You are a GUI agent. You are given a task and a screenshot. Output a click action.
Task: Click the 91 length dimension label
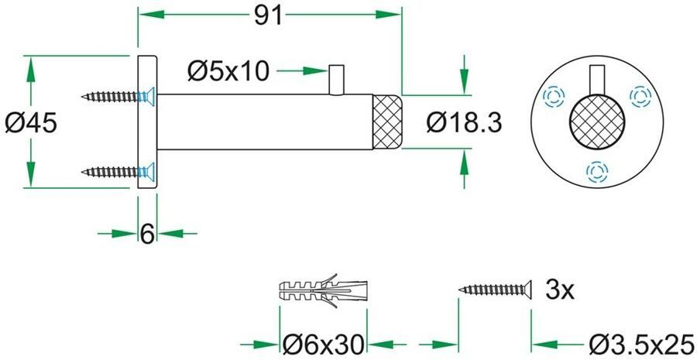point(268,17)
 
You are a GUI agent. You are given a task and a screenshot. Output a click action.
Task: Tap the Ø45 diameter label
point(31,123)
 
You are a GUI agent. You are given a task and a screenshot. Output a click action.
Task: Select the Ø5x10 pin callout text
point(228,71)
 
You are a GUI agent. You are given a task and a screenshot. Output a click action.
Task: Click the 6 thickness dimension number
point(147,234)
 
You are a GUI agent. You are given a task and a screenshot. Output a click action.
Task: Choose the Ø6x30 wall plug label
point(324,344)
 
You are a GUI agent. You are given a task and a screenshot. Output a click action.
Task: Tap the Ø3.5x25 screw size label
point(640,344)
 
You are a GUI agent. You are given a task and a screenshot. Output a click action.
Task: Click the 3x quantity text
point(560,291)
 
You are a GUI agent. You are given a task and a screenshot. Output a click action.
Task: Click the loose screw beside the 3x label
point(496,290)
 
